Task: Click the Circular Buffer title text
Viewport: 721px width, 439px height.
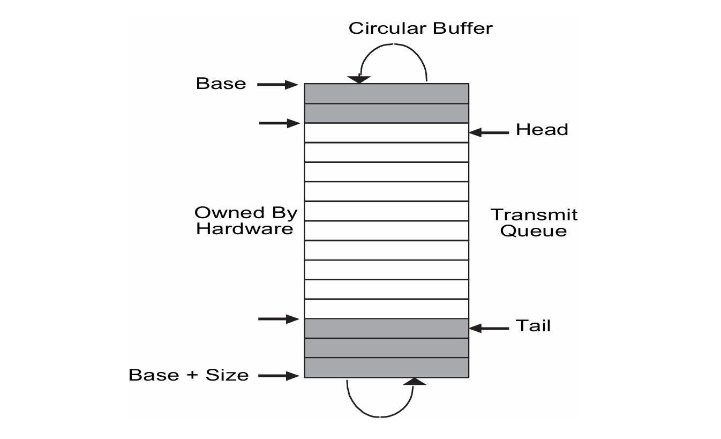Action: (420, 28)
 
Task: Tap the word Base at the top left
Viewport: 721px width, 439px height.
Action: (221, 84)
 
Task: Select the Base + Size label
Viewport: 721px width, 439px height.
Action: (189, 375)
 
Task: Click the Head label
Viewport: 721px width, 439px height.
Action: (542, 130)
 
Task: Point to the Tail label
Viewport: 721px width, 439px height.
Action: (533, 326)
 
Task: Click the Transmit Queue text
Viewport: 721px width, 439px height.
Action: (534, 223)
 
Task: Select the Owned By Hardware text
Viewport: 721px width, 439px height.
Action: (245, 221)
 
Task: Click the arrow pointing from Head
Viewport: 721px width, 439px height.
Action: (489, 132)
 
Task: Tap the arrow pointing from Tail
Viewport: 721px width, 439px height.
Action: (489, 328)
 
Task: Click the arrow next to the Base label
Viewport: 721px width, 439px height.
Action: (277, 84)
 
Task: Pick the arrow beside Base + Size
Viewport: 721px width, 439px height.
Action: (277, 376)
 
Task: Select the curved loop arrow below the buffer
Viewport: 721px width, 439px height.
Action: (380, 402)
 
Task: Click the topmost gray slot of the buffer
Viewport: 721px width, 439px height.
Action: (386, 93)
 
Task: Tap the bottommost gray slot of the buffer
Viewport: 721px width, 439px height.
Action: (386, 368)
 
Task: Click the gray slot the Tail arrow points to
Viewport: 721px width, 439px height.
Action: (386, 328)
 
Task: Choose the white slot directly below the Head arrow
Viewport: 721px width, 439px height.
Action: (386, 132)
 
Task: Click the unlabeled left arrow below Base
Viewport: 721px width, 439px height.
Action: (279, 123)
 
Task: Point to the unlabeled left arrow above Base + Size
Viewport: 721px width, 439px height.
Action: (278, 319)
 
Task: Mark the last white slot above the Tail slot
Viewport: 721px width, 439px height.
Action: (386, 309)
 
